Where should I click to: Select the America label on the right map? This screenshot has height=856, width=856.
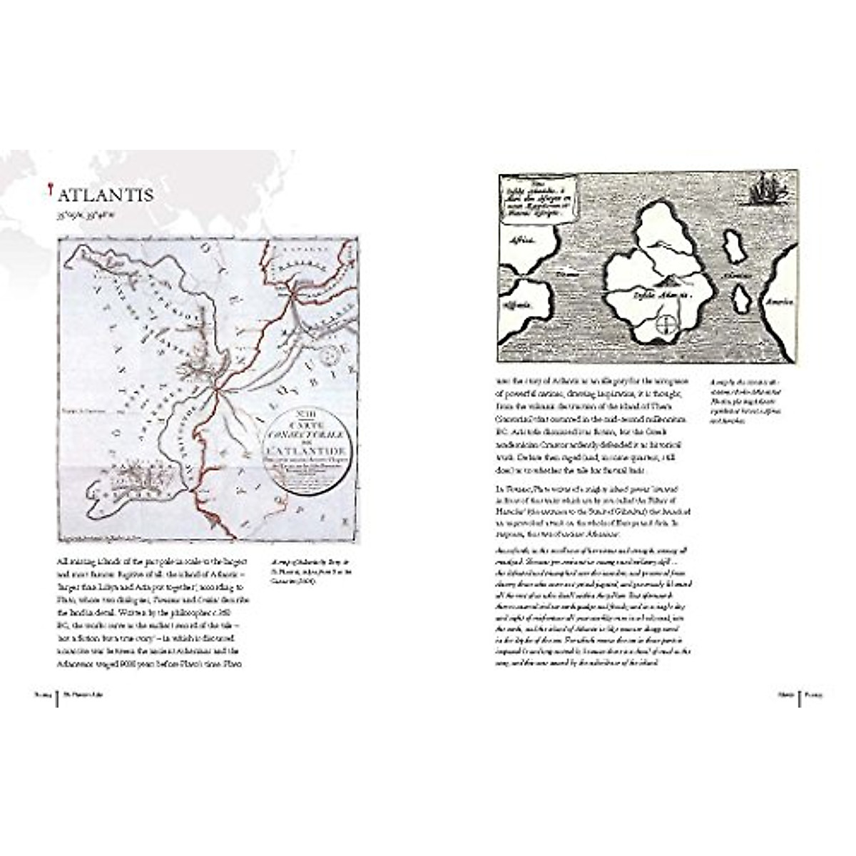coord(778,301)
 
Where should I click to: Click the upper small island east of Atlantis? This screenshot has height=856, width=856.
coord(733,245)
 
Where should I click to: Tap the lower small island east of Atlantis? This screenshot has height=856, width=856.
coord(741,297)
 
